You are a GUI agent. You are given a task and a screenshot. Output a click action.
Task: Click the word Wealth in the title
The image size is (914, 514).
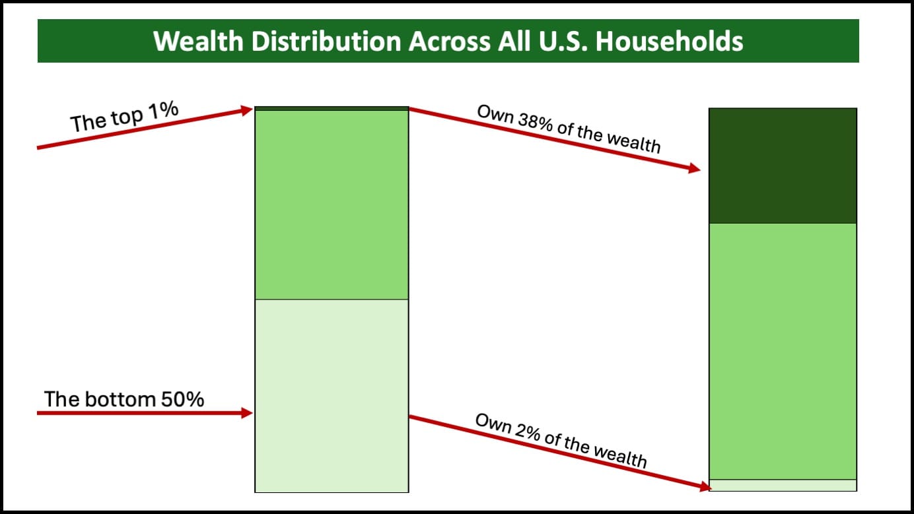click(x=198, y=41)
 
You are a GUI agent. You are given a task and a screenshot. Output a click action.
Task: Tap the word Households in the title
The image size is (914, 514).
click(x=669, y=41)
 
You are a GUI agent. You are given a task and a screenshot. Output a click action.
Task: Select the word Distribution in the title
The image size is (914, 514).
click(x=326, y=41)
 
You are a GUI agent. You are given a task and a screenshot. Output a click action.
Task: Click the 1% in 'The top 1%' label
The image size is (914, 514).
click(x=163, y=110)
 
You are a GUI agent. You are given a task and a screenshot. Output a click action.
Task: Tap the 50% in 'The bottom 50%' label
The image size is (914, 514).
click(x=182, y=399)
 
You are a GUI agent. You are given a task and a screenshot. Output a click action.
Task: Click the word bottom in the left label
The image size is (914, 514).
click(x=120, y=399)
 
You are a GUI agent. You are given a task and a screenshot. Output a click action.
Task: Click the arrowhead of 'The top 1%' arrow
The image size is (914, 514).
click(x=247, y=110)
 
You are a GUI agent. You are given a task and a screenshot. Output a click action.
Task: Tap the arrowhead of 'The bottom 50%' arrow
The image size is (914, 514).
click(x=247, y=413)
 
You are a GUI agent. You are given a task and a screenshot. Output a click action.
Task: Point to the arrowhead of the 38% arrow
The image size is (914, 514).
click(x=695, y=168)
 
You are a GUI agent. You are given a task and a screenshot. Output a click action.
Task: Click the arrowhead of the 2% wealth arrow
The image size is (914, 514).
click(x=705, y=487)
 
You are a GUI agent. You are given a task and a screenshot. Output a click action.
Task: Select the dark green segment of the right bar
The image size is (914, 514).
click(x=783, y=166)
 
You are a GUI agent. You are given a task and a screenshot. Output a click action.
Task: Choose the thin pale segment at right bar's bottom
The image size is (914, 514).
click(x=783, y=485)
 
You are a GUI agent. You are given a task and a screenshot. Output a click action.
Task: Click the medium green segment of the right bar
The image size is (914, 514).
click(x=783, y=352)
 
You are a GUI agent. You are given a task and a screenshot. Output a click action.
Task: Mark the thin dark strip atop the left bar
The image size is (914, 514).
click(x=332, y=108)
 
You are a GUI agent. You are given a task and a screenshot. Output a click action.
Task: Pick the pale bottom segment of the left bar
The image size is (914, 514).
click(x=332, y=396)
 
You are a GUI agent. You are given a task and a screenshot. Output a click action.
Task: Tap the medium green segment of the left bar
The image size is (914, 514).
click(x=332, y=205)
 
